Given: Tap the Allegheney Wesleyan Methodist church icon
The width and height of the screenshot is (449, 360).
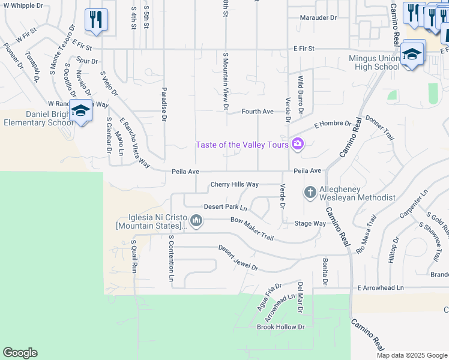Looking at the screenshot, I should (x=310, y=192).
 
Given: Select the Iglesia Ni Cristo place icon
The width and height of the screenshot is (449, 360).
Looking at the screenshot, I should (x=196, y=220).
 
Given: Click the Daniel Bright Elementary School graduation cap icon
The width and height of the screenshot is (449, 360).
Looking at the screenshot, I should (x=81, y=110).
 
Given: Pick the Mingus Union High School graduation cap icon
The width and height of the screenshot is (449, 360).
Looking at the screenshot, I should (x=412, y=53).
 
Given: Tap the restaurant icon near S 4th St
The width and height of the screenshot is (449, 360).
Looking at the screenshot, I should (x=96, y=19).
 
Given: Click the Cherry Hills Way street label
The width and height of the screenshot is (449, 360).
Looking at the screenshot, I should (x=234, y=185).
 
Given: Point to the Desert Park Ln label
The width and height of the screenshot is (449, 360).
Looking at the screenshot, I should (x=225, y=207).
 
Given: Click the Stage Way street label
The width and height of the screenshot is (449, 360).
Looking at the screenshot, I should (x=310, y=223).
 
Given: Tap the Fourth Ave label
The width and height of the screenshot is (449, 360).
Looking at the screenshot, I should (x=258, y=112).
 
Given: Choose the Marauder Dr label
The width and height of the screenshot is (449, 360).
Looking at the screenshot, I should (x=318, y=17).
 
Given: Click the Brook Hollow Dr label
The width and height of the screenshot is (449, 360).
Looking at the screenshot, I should (x=281, y=327).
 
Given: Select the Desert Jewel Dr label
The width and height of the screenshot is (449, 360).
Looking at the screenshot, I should (x=238, y=257).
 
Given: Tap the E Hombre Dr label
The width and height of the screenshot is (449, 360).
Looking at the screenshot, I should (x=333, y=125).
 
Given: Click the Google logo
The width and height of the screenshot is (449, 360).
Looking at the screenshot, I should (x=20, y=353).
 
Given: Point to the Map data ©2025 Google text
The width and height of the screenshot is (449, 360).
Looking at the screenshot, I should (x=412, y=355).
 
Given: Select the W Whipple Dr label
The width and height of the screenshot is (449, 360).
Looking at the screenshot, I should (x=23, y=5).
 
